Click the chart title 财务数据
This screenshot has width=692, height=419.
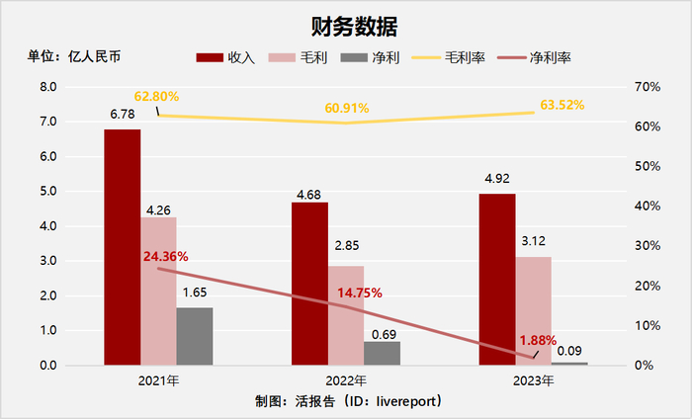pyautogui.click(x=346, y=24)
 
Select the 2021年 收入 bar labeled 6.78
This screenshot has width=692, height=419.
pyautogui.click(x=123, y=247)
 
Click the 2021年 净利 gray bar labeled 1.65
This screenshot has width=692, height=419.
pyautogui.click(x=195, y=336)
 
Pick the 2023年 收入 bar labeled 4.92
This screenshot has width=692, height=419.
pyautogui.click(x=497, y=280)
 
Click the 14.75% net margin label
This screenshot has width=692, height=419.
pyautogui.click(x=360, y=293)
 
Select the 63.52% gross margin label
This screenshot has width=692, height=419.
pyautogui.click(x=562, y=104)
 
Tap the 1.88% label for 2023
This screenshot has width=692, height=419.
pyautogui.click(x=538, y=340)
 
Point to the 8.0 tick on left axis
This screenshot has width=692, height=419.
pyautogui.click(x=47, y=87)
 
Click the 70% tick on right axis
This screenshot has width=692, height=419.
pyautogui.click(x=648, y=87)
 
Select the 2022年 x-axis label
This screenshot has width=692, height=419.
pyautogui.click(x=346, y=379)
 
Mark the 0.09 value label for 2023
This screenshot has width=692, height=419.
pyautogui.click(x=569, y=350)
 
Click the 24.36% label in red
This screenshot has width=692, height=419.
pyautogui.click(x=165, y=256)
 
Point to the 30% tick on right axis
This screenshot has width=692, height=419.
pyautogui.click(x=648, y=246)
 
